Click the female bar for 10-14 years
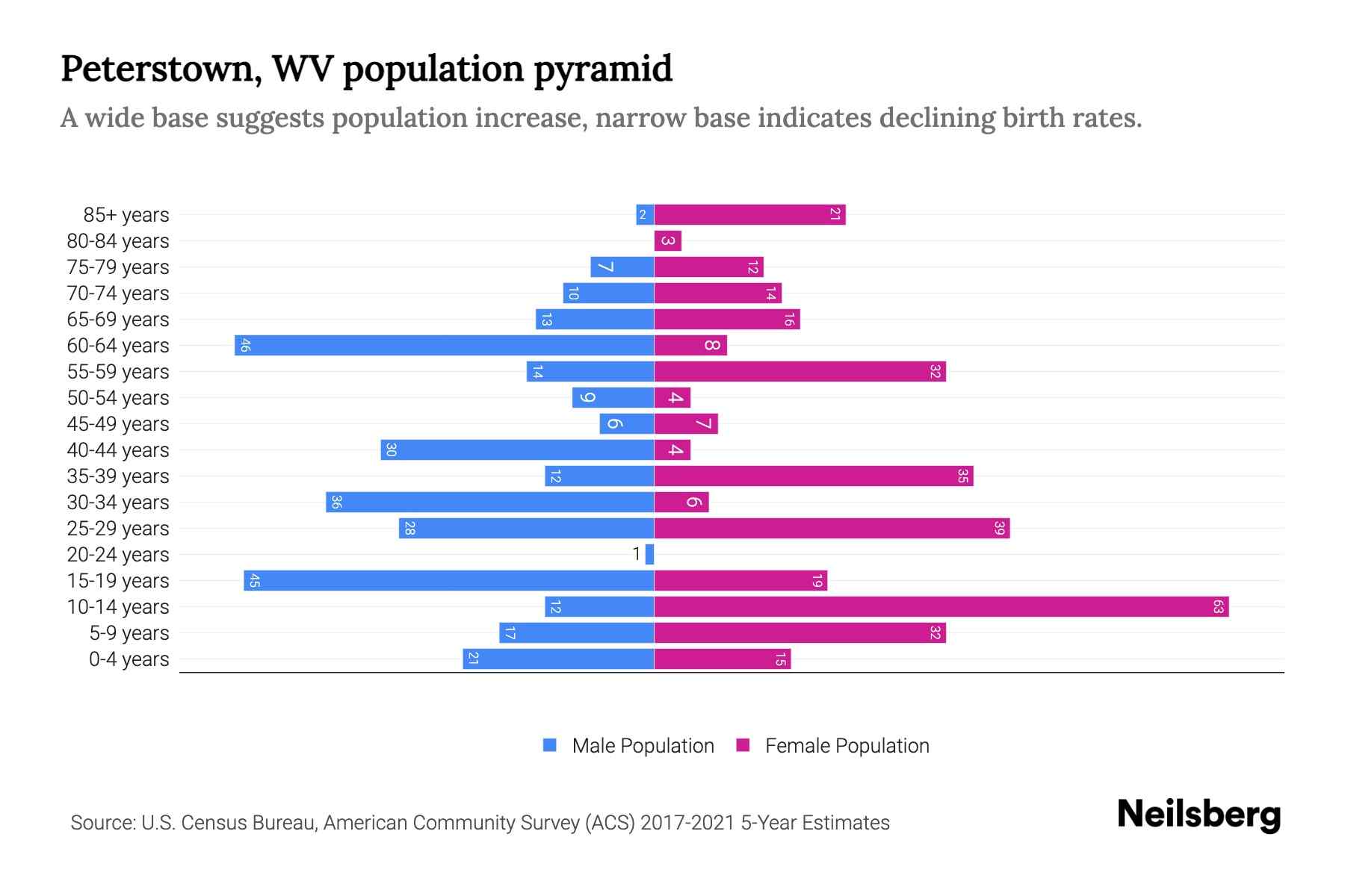(941, 607)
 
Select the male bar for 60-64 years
(445, 346)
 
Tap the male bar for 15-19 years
(448, 581)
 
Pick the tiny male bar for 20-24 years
(650, 555)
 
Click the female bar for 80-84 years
(667, 241)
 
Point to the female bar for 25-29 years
(832, 529)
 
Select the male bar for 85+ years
(645, 215)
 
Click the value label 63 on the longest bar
(1218, 607)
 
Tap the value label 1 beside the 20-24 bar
(637, 555)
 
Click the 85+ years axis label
(126, 215)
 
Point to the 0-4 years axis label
(129, 659)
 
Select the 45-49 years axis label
(118, 424)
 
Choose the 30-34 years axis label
(118, 503)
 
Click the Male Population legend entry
(643, 746)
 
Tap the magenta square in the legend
(743, 745)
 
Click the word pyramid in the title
(603, 69)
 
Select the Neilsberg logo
(1199, 815)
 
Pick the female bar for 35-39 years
(814, 476)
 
